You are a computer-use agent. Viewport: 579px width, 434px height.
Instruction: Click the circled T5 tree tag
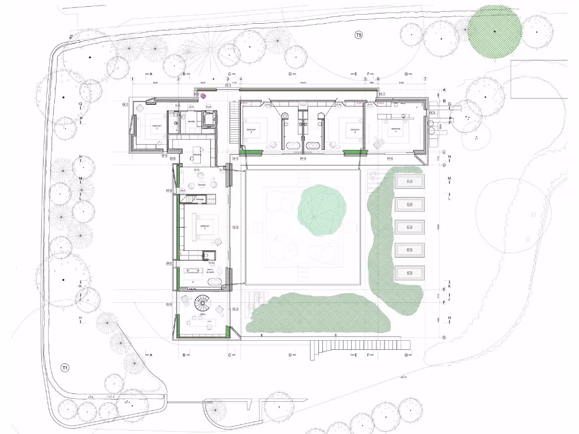[358, 35]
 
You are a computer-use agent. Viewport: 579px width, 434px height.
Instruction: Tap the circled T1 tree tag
[65, 368]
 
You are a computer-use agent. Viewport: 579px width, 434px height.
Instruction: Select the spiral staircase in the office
[202, 304]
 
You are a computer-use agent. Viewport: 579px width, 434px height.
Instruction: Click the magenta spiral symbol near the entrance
[204, 96]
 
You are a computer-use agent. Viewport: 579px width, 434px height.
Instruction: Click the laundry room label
[191, 121]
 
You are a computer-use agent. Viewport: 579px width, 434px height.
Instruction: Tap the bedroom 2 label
[252, 131]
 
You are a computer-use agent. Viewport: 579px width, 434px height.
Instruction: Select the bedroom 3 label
[355, 131]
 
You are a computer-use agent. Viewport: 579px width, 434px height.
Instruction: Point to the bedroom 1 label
[205, 225]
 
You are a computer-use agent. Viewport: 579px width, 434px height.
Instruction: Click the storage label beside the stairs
[200, 199]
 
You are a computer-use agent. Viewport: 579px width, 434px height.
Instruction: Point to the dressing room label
[197, 154]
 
